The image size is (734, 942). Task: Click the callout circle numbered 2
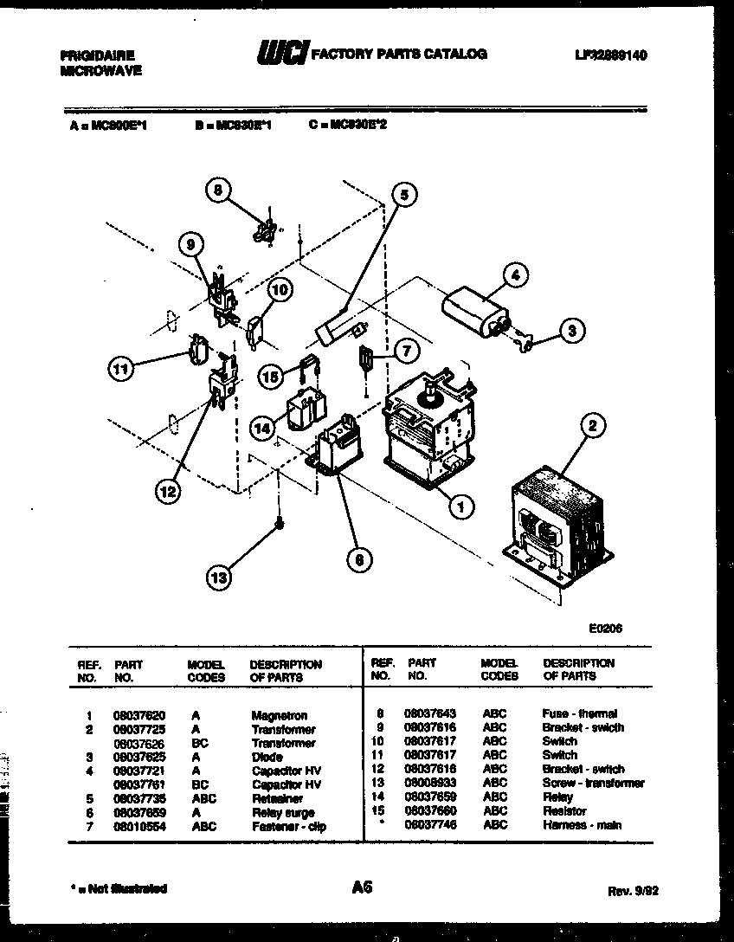click(x=593, y=424)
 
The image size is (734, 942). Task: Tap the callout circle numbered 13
click(x=220, y=577)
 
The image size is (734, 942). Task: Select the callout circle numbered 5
click(x=402, y=196)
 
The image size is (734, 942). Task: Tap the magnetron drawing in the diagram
click(x=428, y=425)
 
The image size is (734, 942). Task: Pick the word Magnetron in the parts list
click(x=279, y=716)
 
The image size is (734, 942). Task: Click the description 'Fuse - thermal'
click(x=579, y=713)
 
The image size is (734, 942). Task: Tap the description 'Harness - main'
click(x=582, y=825)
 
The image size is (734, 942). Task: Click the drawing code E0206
click(x=604, y=629)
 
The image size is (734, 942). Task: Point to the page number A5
click(x=363, y=887)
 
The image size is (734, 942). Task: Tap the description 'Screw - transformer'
click(x=593, y=784)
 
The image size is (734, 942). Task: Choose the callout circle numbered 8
click(x=220, y=190)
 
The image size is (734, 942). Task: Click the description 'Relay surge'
click(x=282, y=813)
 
